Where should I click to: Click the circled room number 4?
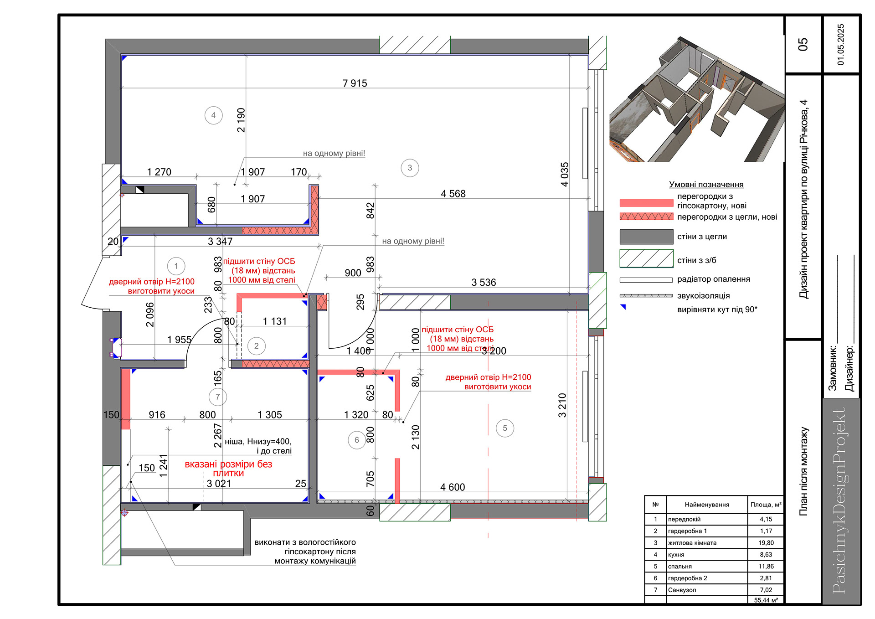[x=213, y=115]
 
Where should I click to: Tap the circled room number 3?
[x=410, y=168]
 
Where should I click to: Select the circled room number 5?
[x=504, y=428]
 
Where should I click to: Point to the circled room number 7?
[x=217, y=397]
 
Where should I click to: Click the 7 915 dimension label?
[x=355, y=83]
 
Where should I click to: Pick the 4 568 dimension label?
[x=453, y=194]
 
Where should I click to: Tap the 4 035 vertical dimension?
[x=565, y=174]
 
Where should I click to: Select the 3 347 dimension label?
[x=220, y=242]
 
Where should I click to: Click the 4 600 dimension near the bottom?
[x=453, y=487]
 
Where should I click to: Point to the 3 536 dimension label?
[x=484, y=283]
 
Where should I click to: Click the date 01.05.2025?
[x=841, y=44]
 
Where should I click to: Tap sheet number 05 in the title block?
[x=803, y=44]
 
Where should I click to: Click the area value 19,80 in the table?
[x=766, y=543]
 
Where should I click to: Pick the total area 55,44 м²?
[x=766, y=600]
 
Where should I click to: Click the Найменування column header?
[x=707, y=505]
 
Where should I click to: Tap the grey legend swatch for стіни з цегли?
[x=646, y=237]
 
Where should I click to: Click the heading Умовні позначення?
[x=706, y=185]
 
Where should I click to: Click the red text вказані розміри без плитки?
[x=228, y=469]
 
